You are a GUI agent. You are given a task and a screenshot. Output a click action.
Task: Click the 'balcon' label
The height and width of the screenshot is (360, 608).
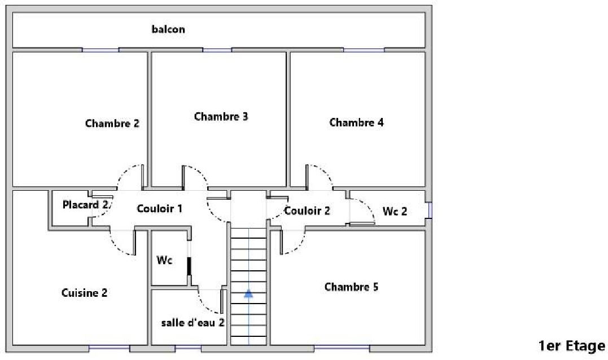(x=168, y=29)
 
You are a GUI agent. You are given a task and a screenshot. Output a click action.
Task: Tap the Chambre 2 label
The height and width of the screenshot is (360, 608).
(x=112, y=123)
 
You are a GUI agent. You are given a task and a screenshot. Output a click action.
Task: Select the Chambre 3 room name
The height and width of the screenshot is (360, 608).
(x=221, y=116)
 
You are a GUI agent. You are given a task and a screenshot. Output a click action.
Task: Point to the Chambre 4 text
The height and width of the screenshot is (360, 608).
(x=356, y=122)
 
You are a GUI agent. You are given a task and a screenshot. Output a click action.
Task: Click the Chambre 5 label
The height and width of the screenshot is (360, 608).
(x=351, y=287)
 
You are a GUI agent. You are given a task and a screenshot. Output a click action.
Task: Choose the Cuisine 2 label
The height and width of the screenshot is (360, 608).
(x=84, y=293)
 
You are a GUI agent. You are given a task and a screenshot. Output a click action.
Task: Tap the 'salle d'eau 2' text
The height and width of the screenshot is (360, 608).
(x=193, y=322)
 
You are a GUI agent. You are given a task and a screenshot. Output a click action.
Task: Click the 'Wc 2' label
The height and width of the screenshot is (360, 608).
(x=395, y=211)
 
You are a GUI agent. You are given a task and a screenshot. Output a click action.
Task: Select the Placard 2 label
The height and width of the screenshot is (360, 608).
(x=85, y=205)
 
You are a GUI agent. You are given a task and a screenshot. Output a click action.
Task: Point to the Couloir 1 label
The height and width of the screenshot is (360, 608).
(x=159, y=208)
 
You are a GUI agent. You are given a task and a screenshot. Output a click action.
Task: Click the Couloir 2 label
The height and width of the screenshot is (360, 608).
(x=307, y=211)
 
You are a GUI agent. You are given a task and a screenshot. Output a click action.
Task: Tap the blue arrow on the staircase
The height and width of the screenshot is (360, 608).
(x=248, y=293)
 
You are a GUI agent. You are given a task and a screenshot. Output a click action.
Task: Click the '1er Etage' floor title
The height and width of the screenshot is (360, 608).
(x=571, y=346)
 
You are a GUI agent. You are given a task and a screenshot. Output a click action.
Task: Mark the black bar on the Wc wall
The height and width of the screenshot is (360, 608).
(x=189, y=266)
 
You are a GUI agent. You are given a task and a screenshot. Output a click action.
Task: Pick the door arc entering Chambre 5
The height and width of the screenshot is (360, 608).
(x=293, y=242)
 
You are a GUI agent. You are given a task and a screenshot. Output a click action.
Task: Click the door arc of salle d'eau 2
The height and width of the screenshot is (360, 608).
(x=210, y=301)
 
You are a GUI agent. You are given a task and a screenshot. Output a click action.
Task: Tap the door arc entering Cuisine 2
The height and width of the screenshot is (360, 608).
(x=122, y=243)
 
